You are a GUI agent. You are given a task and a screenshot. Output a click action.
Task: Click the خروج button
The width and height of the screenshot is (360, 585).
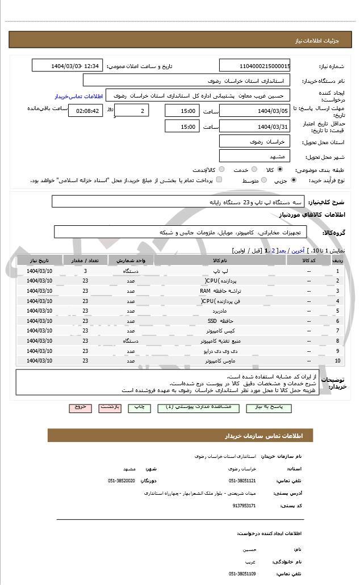coord(79,407)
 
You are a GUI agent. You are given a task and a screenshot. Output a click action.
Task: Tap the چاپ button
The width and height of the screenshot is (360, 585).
coord(139,407)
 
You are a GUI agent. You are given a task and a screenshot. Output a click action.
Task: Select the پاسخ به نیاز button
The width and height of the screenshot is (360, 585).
coord(269,407)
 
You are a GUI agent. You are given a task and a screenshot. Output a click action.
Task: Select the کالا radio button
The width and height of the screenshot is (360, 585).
coord(280,169)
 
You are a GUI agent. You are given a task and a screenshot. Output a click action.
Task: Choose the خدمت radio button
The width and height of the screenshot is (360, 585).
coord(253,169)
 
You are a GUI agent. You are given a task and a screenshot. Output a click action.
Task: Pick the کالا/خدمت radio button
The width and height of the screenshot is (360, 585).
coord(221,169)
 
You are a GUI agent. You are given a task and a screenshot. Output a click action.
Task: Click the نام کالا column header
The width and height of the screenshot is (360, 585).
coord(220,260)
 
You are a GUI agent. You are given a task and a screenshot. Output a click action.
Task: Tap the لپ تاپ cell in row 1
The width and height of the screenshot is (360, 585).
coord(220,271)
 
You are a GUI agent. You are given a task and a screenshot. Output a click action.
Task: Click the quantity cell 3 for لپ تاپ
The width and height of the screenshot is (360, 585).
coord(85,271)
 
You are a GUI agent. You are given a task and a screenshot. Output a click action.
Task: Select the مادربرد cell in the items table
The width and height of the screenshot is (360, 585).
coord(220,311)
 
